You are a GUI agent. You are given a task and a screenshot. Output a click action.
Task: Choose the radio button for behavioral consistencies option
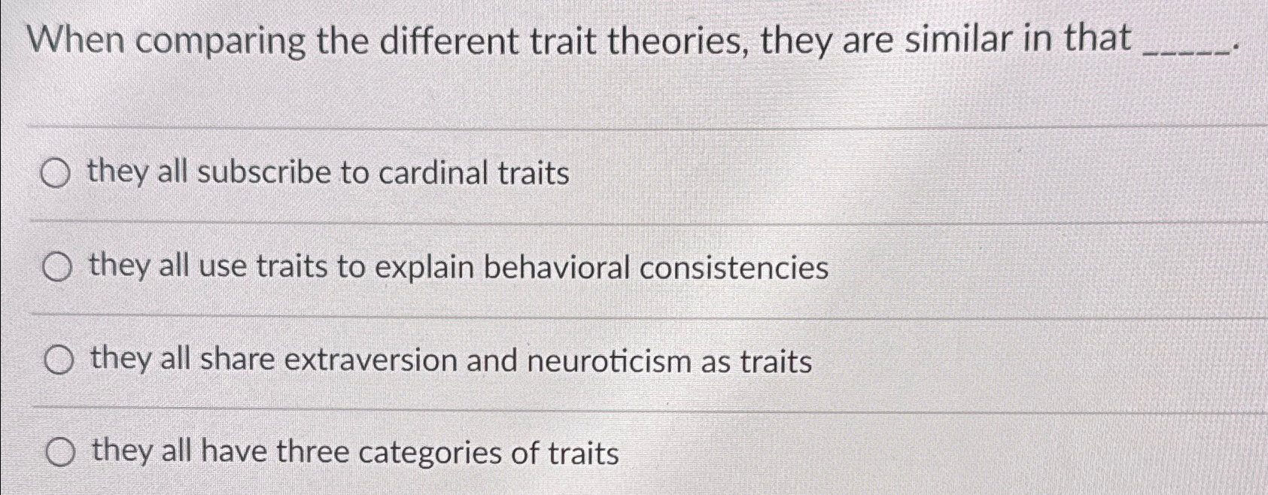coord(57,268)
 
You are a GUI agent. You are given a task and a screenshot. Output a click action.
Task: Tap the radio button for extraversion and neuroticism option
coord(59,361)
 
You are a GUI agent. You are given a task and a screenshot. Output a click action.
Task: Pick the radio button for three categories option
coord(60,454)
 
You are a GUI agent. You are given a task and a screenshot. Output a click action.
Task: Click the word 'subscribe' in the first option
coord(264,173)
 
